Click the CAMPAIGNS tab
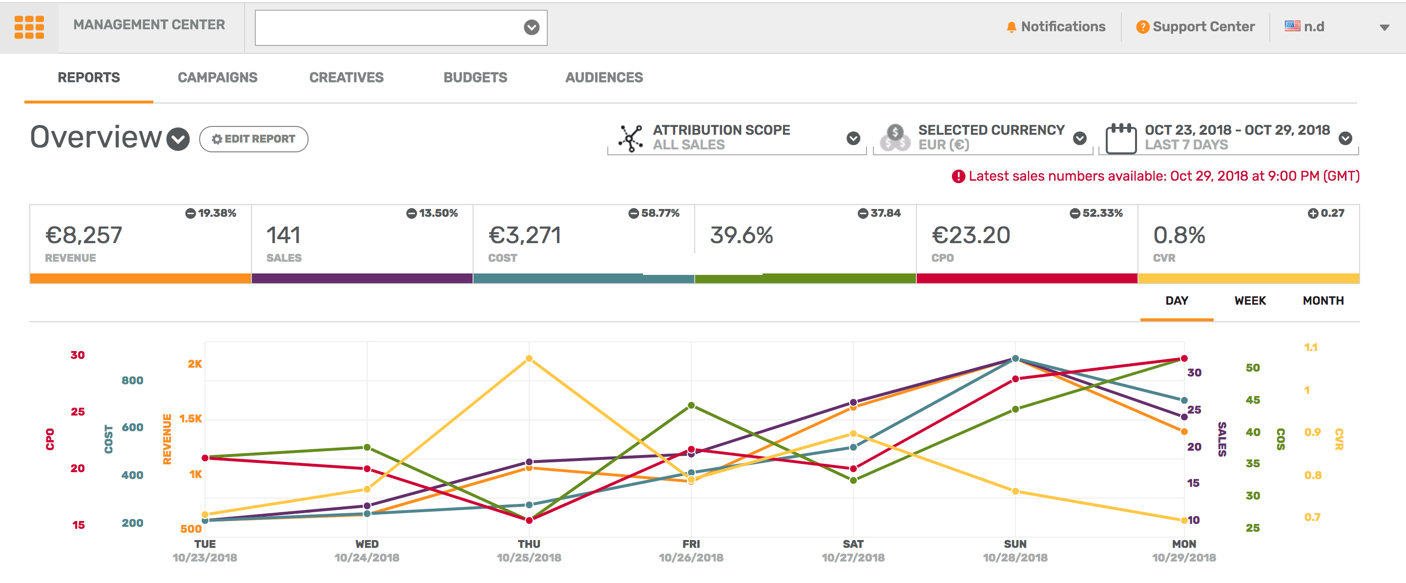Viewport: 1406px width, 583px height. pyautogui.click(x=217, y=78)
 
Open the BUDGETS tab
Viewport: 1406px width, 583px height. pyautogui.click(x=475, y=78)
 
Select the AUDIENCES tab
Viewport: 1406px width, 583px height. pyautogui.click(x=604, y=78)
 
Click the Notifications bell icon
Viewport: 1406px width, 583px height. pyautogui.click(x=1011, y=27)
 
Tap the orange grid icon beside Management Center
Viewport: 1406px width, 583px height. pyautogui.click(x=29, y=27)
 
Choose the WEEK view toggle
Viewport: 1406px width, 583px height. pyautogui.click(x=1249, y=301)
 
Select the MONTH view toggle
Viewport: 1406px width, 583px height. pyautogui.click(x=1323, y=301)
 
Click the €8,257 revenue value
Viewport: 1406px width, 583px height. pyautogui.click(x=83, y=235)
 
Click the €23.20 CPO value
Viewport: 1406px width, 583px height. pyautogui.click(x=971, y=235)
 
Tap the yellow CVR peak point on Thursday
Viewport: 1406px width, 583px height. pyautogui.click(x=529, y=359)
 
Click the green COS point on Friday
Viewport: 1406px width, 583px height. pyautogui.click(x=691, y=405)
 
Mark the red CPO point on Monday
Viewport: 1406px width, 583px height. pyautogui.click(x=1183, y=359)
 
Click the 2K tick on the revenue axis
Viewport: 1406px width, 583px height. pyautogui.click(x=194, y=364)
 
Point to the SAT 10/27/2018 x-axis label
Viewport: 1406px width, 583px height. pyautogui.click(x=852, y=550)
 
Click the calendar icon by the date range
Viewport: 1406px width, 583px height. pyautogui.click(x=1120, y=139)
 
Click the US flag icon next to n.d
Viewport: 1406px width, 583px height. pyautogui.click(x=1292, y=26)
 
